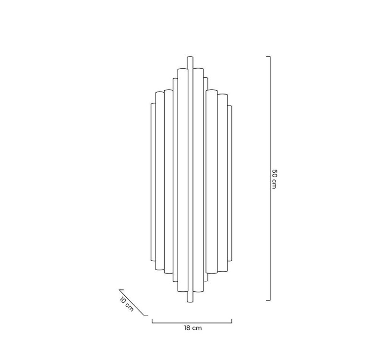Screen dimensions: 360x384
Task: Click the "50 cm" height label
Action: click(x=274, y=179)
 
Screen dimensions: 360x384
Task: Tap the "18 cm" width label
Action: click(x=192, y=328)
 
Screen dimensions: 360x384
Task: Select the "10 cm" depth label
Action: click(x=126, y=305)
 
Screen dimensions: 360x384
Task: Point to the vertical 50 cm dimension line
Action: click(x=270, y=144)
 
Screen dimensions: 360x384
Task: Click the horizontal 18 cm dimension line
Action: click(x=192, y=322)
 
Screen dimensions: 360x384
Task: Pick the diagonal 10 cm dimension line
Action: click(x=133, y=302)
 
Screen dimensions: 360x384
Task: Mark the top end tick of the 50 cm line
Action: click(x=268, y=57)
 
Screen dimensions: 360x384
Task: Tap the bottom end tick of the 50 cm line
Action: click(x=268, y=300)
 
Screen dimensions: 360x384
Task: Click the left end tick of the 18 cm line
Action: click(x=152, y=321)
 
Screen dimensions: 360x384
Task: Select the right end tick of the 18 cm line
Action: click(x=232, y=321)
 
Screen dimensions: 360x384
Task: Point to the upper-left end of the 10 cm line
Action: click(x=120, y=290)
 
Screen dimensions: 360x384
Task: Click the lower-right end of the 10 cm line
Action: click(x=146, y=315)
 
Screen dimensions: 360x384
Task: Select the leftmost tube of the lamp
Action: click(x=153, y=182)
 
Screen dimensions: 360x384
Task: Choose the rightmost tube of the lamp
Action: click(x=229, y=182)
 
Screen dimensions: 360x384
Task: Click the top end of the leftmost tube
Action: click(x=153, y=104)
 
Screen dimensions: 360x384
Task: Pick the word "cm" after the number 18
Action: click(x=197, y=328)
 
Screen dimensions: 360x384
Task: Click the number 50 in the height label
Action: click(x=274, y=172)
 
